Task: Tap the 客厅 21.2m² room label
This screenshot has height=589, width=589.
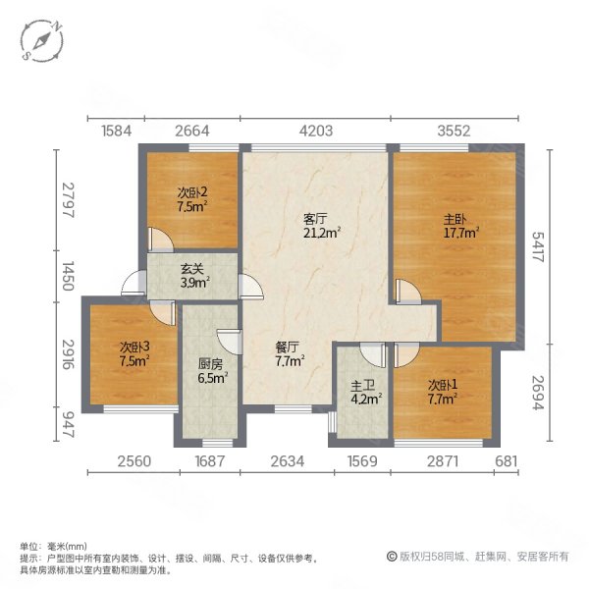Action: pos(320,227)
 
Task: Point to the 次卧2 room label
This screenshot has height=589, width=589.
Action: pos(191,200)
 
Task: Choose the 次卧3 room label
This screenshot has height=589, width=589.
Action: pos(134,353)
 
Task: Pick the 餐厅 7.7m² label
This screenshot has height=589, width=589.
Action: pos(287,353)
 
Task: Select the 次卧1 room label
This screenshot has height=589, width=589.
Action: pos(443,392)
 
